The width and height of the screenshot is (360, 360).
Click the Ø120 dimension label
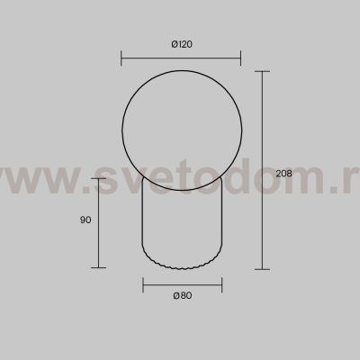pos(182,44)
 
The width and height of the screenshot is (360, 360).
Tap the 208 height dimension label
pos(283,174)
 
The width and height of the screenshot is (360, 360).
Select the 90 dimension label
pos(85,220)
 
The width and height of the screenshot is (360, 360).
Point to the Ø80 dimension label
pos(183,295)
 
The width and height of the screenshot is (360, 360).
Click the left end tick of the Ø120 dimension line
pos(121,58)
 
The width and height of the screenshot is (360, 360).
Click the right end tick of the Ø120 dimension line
pos(240,58)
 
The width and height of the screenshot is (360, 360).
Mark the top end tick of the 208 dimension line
pos(262,71)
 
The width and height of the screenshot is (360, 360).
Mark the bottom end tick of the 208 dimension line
pos(262,269)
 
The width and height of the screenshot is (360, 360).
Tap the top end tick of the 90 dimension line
pos(99,178)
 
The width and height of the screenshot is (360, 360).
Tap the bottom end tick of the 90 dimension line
pos(99,267)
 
